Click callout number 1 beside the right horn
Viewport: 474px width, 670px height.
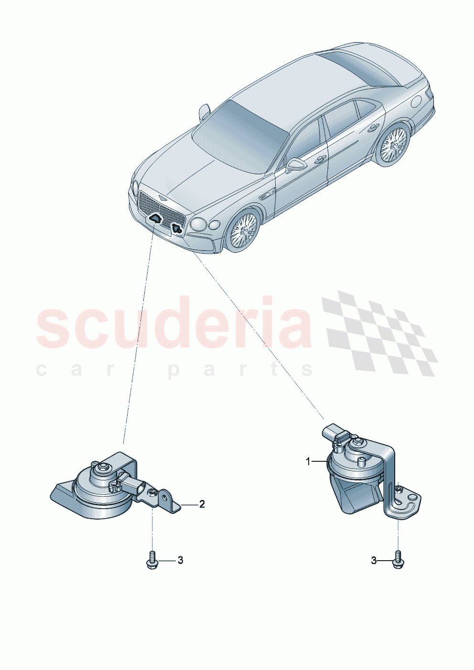click(x=308, y=461)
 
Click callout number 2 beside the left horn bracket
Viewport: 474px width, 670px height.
click(x=202, y=504)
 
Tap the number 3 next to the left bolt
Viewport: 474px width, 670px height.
click(x=180, y=560)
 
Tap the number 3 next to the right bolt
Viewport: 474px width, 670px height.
click(x=374, y=560)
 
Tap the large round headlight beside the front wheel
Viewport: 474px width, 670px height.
click(x=198, y=223)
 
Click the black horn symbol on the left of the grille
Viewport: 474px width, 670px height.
click(x=155, y=219)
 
